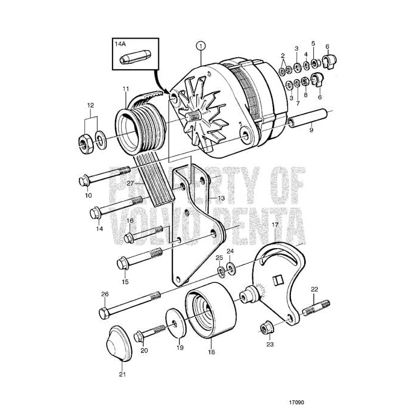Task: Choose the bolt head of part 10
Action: point(84,179)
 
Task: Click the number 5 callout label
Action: point(313,43)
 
